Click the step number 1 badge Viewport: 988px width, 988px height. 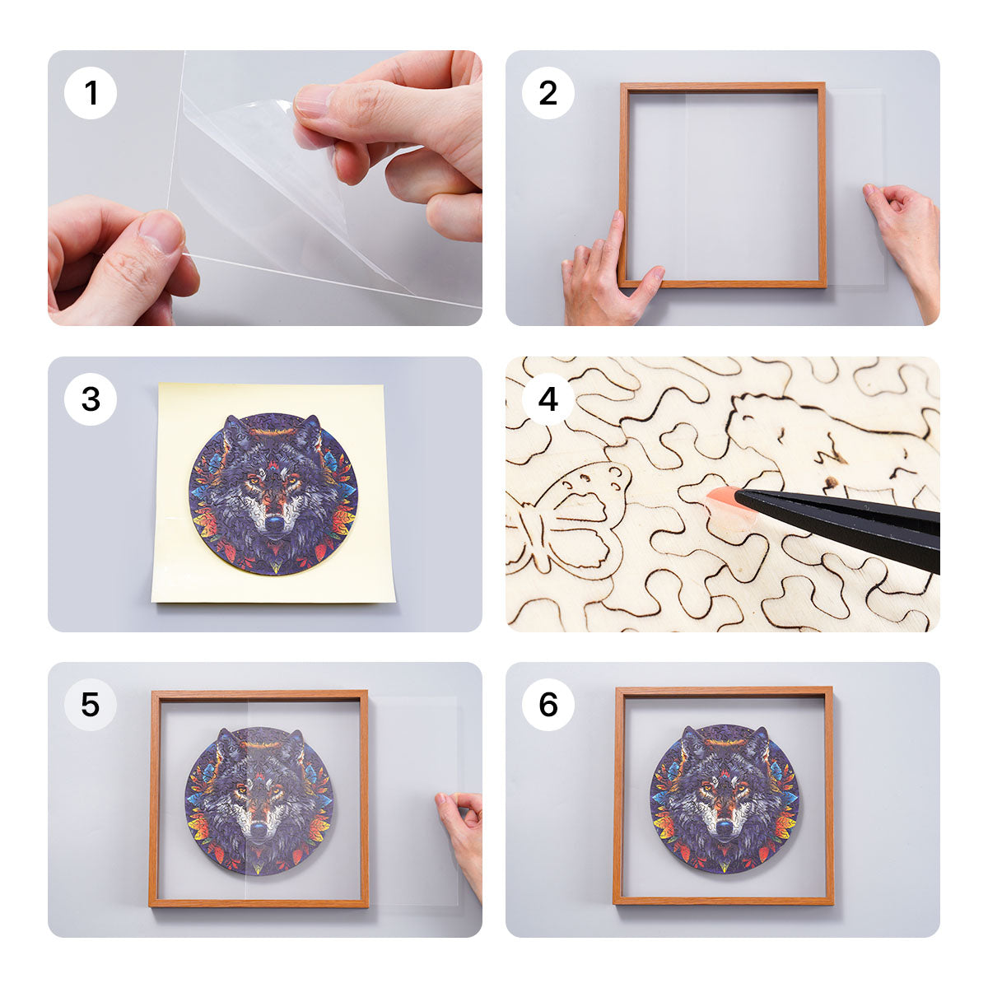click(x=91, y=93)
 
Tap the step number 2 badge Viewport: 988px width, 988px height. click(x=548, y=93)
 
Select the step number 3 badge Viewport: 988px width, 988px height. click(x=91, y=399)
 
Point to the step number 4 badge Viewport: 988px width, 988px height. click(x=548, y=399)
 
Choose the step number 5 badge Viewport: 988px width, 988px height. click(x=91, y=705)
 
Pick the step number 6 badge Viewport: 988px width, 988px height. click(x=548, y=705)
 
